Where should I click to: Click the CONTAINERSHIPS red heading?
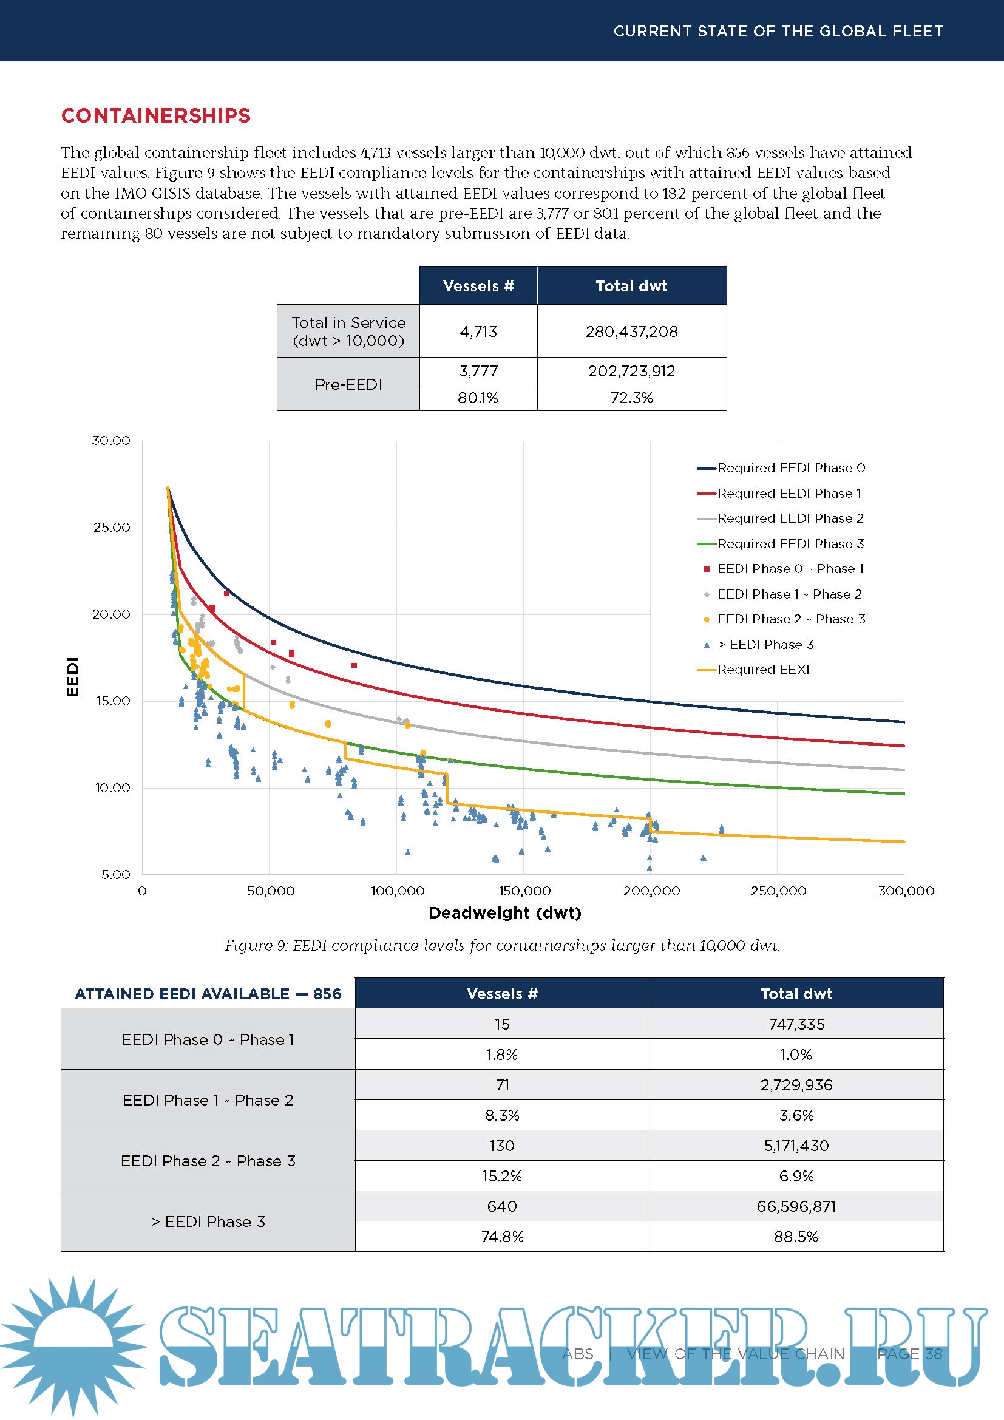pos(156,116)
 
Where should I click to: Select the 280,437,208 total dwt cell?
pos(631,331)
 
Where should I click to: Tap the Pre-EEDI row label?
pos(348,384)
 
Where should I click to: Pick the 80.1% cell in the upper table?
pos(478,398)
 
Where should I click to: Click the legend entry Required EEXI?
pos(763,669)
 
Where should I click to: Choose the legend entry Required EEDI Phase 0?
pos(791,468)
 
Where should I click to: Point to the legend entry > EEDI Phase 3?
pos(765,645)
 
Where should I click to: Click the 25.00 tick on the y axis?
pos(111,528)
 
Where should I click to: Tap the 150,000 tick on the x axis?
pos(524,891)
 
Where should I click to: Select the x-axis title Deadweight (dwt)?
pos(504,913)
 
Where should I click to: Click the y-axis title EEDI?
pos(73,676)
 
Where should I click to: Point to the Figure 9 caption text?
pos(501,946)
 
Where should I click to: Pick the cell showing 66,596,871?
pos(796,1207)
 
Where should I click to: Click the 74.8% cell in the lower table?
pos(502,1237)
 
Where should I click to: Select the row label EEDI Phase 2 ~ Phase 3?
pos(208,1161)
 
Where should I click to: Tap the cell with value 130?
pos(502,1146)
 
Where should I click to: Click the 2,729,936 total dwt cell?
pos(796,1085)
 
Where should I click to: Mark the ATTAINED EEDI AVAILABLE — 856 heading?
pos(208,994)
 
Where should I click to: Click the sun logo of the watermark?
pos(73,1345)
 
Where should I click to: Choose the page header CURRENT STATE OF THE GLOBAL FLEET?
pos(778,31)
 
